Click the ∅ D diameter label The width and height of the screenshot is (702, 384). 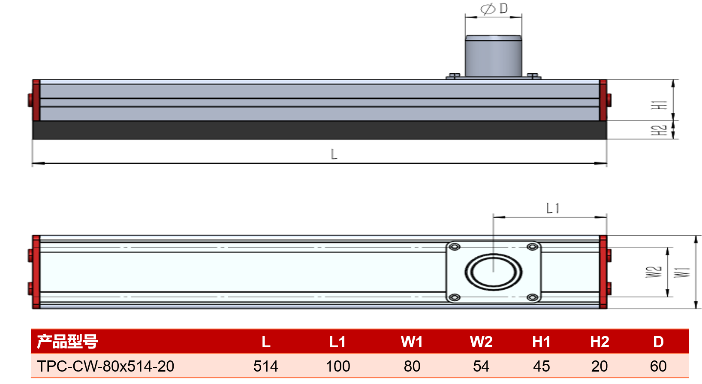[494, 9]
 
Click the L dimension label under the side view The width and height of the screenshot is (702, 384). [334, 154]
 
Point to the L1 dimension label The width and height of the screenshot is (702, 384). [553, 208]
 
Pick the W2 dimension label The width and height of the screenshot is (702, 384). [654, 272]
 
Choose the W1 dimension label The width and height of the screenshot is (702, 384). [682, 273]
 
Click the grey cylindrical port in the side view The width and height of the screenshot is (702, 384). [493, 56]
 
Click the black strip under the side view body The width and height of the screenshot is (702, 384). [319, 130]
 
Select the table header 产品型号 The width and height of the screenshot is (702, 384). [67, 342]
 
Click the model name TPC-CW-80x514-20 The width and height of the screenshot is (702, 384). [105, 366]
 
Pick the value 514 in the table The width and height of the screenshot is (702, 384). [266, 366]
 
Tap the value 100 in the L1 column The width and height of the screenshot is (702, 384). [338, 366]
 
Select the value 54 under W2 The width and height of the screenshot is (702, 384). [481, 366]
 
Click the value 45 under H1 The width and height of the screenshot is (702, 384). [542, 366]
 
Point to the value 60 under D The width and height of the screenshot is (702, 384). [658, 366]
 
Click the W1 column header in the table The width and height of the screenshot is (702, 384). [412, 342]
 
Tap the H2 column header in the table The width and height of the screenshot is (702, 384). [600, 342]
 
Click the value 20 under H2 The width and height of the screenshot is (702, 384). [600, 366]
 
